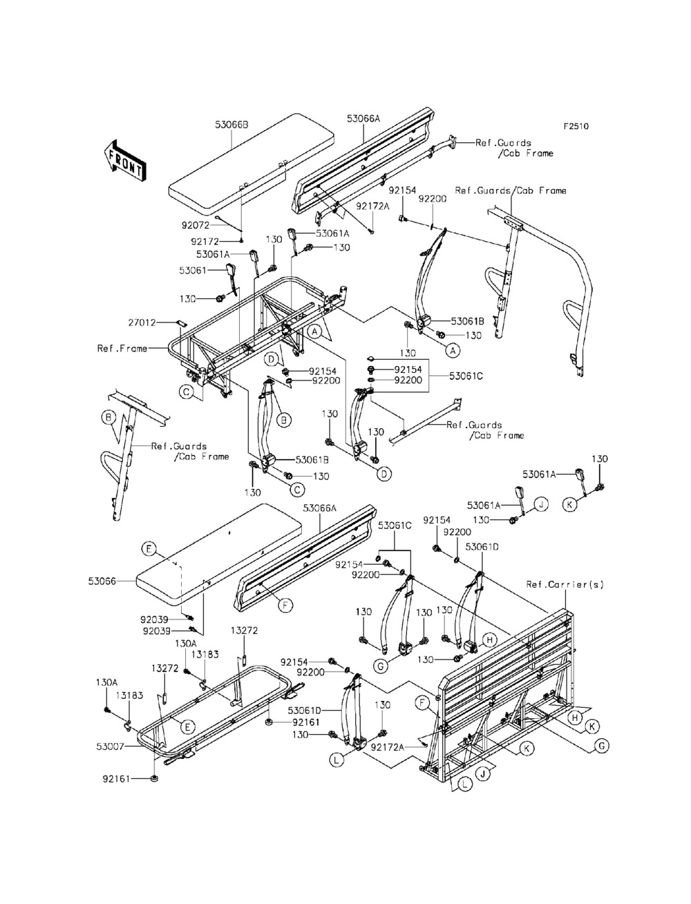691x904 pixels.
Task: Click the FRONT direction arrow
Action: click(x=124, y=160)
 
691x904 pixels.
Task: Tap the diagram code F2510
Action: click(x=576, y=126)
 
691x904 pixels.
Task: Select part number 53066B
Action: click(x=231, y=124)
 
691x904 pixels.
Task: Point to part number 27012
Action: click(x=142, y=323)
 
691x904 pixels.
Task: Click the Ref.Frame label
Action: click(x=122, y=349)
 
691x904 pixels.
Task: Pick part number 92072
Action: click(x=196, y=225)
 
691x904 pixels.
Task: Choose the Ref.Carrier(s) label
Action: click(x=565, y=584)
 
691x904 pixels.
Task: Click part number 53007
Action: click(x=110, y=747)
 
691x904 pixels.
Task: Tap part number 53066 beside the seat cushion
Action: click(x=102, y=581)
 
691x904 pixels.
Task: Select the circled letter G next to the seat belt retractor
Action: click(x=380, y=666)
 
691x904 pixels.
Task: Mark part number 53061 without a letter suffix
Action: click(x=193, y=271)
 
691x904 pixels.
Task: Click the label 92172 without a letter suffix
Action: click(x=205, y=241)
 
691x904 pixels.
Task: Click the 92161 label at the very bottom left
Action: click(x=116, y=779)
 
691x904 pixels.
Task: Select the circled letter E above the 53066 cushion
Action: click(x=149, y=548)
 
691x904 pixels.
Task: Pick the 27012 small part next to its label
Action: click(x=181, y=323)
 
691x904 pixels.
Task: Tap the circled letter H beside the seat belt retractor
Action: click(x=489, y=640)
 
